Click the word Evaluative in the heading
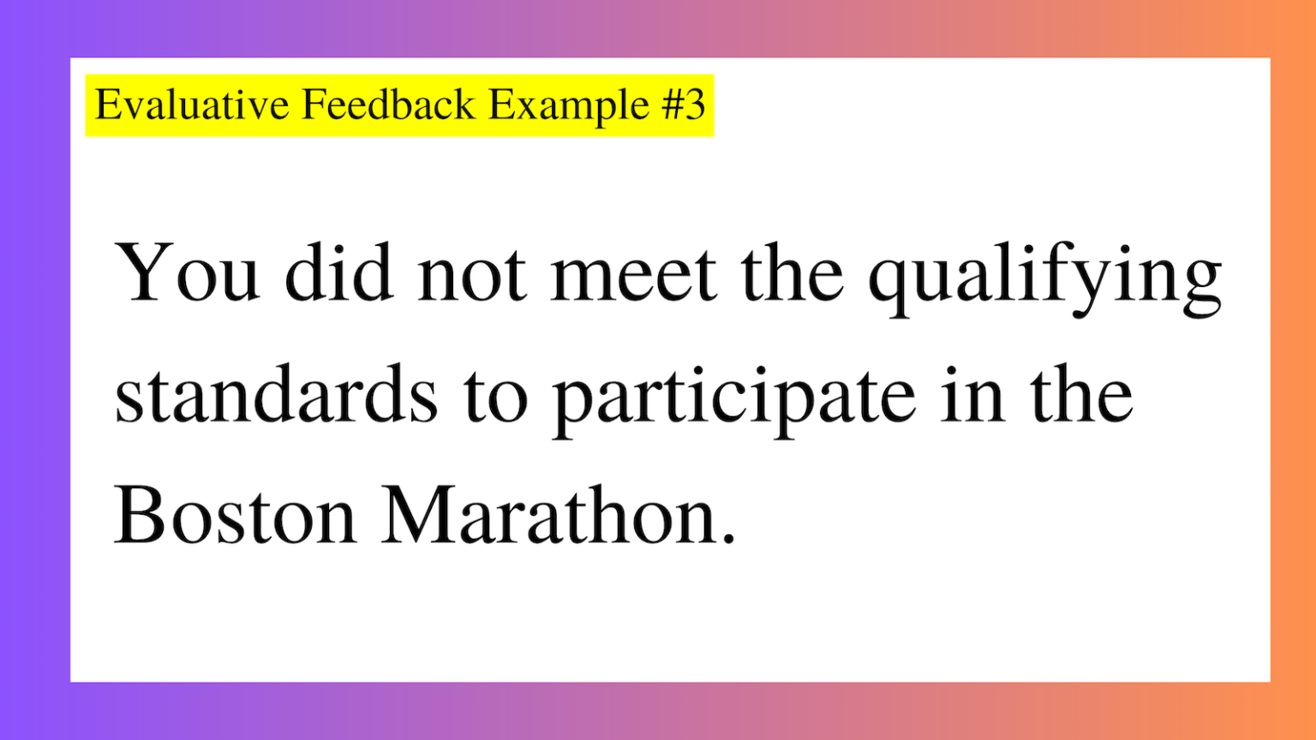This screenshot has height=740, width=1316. tap(192, 105)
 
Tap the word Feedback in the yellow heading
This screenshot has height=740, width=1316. tap(388, 105)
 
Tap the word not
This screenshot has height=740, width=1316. tap(471, 274)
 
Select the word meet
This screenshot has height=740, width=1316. tap(633, 274)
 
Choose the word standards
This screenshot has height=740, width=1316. tap(276, 395)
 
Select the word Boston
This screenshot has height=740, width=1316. tap(235, 516)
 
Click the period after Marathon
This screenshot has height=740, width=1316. tap(728, 540)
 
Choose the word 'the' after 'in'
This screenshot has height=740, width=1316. tap(1082, 395)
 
